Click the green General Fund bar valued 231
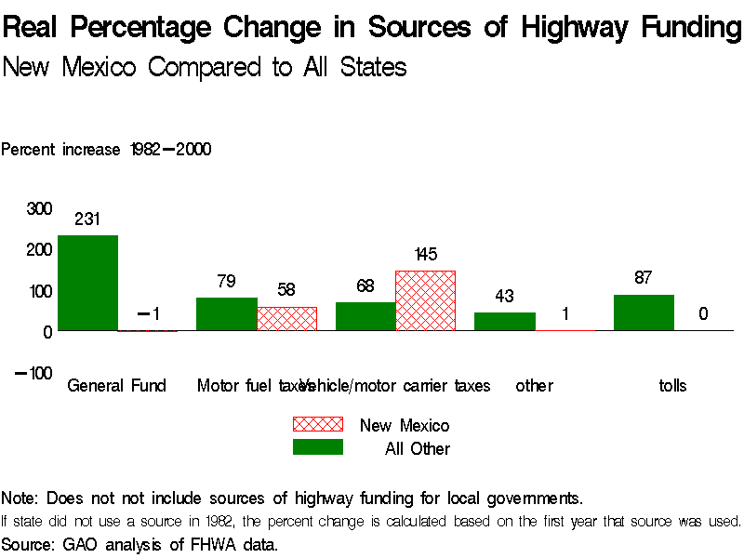click(x=87, y=283)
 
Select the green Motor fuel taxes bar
click(x=226, y=313)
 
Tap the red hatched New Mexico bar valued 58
click(x=286, y=318)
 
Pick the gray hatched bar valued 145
click(x=425, y=300)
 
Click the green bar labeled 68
click(x=365, y=316)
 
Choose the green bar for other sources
click(x=504, y=321)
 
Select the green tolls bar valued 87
click(x=644, y=312)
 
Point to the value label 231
click(x=87, y=219)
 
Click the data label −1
click(x=149, y=314)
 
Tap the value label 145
click(x=425, y=255)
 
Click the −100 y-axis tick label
click(x=33, y=373)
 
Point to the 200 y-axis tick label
click(x=38, y=249)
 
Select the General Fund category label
click(x=116, y=385)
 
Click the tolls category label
click(x=671, y=385)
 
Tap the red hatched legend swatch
click(x=318, y=424)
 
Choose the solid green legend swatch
click(x=318, y=447)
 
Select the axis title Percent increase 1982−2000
click(x=106, y=149)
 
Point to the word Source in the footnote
click(x=29, y=543)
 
